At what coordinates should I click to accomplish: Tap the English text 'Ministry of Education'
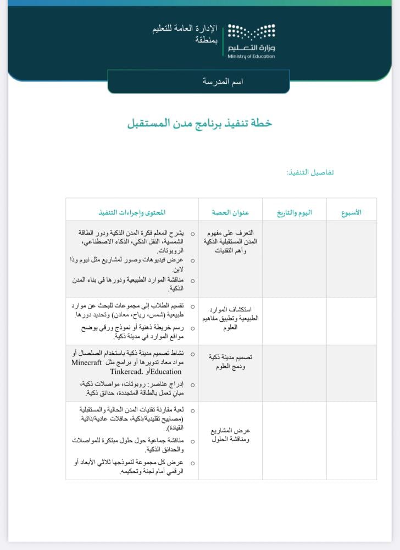coord(251,56)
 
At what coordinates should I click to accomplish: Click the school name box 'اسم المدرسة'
coord(223,81)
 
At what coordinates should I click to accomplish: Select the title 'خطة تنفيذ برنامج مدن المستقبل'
coord(200,123)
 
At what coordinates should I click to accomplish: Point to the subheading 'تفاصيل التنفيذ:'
coord(310,172)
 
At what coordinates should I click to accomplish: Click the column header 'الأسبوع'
coord(351,212)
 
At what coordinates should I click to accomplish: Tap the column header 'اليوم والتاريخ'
coord(294,212)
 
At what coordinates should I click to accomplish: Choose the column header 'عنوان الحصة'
coord(231,212)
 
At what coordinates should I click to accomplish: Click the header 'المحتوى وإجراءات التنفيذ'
coord(132,212)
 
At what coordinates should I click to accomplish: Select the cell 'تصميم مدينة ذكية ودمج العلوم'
coord(230,361)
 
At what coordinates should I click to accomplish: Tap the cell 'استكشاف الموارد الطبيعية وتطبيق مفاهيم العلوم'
coord(231,318)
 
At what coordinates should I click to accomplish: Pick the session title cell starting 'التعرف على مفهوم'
coord(230,242)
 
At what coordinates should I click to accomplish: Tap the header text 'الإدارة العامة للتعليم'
coord(185,29)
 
